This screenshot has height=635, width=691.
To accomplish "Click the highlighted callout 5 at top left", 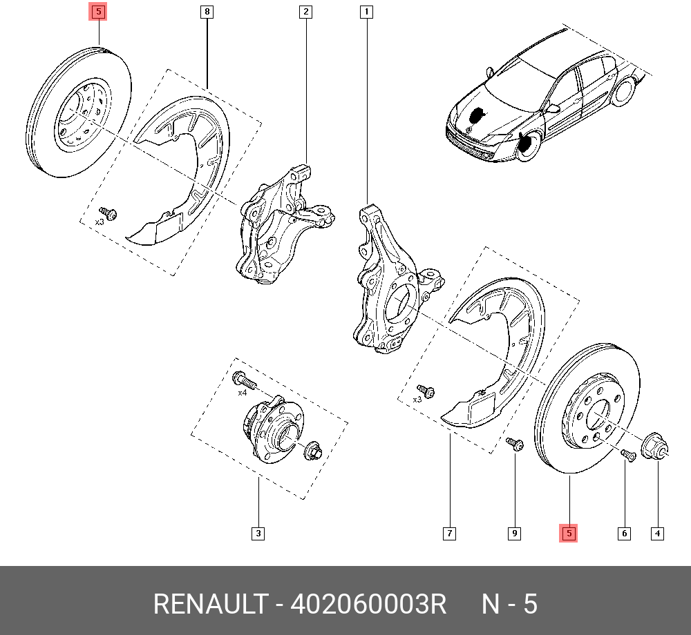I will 99,12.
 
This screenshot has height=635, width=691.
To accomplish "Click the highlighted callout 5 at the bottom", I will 568,533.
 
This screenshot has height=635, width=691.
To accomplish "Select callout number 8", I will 207,12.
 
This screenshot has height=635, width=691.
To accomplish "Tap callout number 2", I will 305,12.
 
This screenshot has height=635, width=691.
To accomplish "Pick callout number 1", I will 366,12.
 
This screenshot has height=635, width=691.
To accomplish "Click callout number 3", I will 258,533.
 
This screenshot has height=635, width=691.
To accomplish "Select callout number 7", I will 449,533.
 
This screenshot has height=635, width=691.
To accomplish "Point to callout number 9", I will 514,533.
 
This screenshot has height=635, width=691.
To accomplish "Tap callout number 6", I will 625,533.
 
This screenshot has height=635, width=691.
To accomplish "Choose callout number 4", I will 657,533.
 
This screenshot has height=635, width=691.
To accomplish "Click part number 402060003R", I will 368,605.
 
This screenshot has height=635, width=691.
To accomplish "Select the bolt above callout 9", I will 514,443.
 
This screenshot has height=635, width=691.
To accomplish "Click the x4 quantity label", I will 242,393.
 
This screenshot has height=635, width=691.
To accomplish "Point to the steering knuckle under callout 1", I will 387,290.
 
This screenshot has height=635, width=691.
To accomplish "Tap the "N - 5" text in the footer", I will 509,605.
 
